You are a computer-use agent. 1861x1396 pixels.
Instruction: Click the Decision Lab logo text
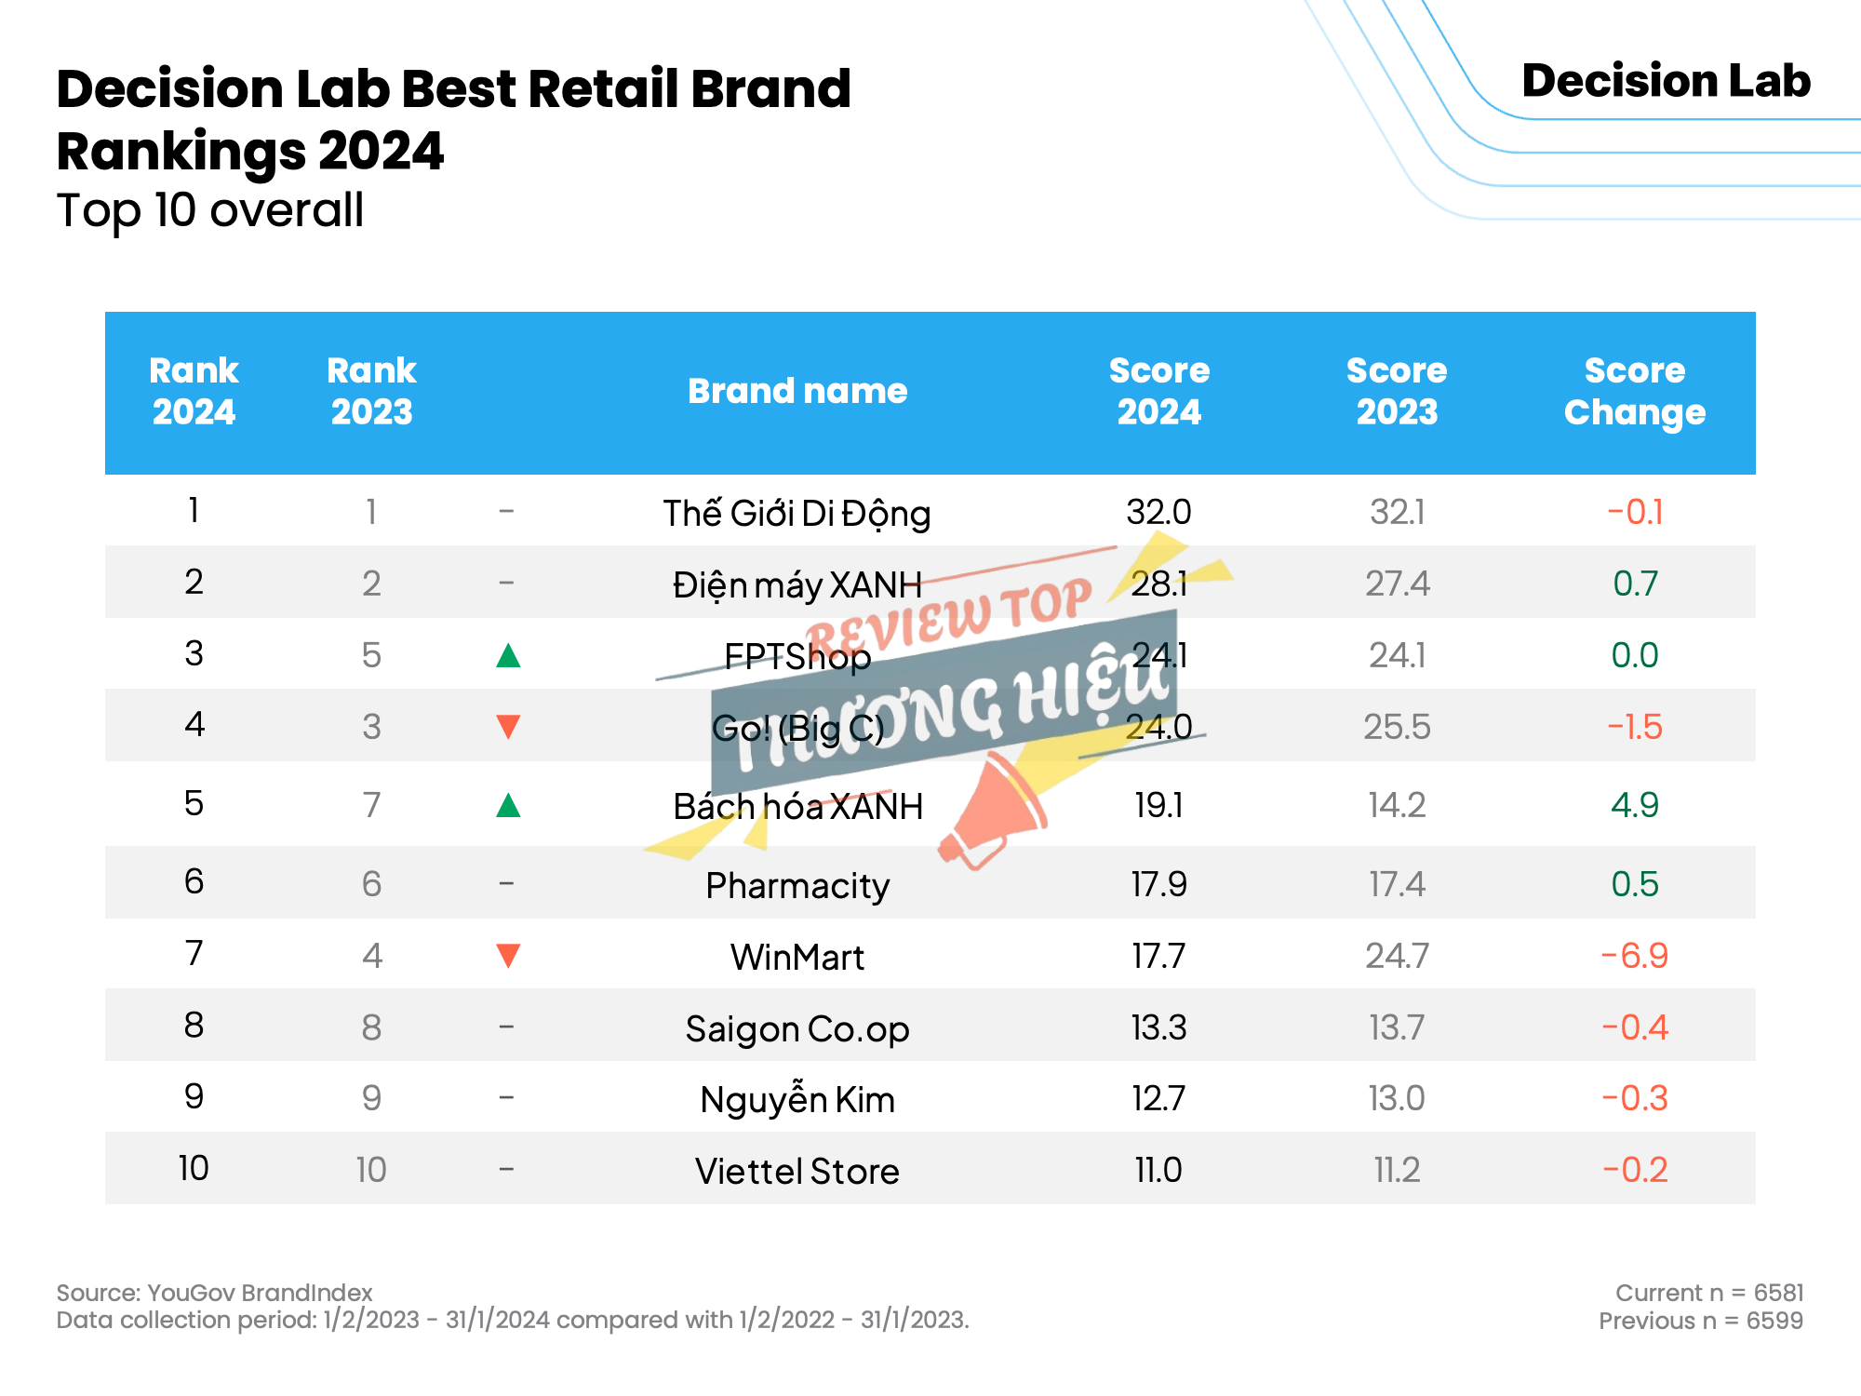1666,81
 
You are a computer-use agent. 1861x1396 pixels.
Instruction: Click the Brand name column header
797,391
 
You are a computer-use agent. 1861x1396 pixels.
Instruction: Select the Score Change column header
1635,392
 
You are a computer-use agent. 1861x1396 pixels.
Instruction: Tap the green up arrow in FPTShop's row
508,655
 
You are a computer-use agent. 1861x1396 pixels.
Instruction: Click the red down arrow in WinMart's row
508,956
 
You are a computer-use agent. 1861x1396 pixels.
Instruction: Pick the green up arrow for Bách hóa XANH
508,804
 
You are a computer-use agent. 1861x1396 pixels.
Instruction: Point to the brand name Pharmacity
797,885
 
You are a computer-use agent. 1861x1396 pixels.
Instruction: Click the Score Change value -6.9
1635,956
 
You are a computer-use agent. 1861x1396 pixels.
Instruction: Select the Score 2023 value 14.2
1397,805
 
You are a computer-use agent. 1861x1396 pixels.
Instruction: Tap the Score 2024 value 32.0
1158,512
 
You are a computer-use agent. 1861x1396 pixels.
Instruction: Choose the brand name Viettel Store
797,1171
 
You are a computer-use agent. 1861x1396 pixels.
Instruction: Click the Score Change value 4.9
1635,805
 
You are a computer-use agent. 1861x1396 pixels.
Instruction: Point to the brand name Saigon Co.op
797,1029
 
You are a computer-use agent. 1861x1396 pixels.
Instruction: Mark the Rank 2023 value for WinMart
372,956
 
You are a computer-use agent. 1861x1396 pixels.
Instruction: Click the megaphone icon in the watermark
992,811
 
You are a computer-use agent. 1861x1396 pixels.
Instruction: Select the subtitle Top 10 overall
210,210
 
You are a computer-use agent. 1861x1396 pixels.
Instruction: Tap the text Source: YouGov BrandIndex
214,1293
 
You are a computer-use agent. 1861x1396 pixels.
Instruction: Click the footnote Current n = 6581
1709,1293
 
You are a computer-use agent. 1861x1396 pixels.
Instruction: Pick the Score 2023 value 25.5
1397,727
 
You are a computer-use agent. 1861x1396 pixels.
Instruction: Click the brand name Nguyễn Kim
797,1099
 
